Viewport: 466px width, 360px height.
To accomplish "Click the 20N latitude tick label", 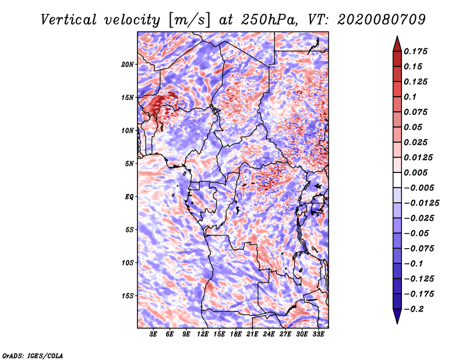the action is (128, 65).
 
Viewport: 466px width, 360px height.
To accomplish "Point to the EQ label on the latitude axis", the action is (129, 197).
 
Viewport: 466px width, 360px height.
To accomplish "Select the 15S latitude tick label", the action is (128, 296).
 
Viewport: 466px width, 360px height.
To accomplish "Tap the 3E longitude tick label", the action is (153, 334).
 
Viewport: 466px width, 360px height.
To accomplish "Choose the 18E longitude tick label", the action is (236, 334).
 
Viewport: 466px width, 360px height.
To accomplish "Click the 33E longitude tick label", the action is (318, 334).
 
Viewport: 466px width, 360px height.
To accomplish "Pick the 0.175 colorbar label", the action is (415, 51).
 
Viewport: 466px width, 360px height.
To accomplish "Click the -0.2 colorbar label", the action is (414, 309).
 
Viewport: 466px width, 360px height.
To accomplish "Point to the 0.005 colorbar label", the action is (415, 172).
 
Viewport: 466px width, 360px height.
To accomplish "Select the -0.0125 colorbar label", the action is (421, 203).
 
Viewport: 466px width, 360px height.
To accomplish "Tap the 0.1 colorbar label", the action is (410, 97).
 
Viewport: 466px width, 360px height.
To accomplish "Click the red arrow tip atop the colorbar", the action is (397, 37).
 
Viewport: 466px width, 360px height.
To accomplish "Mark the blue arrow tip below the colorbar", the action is (397, 323).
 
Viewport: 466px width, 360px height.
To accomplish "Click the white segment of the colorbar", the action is (397, 180).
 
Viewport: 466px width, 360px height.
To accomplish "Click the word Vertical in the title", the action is (69, 20).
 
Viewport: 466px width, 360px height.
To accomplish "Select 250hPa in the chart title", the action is (269, 20).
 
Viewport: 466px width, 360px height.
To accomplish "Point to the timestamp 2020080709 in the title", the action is (382, 20).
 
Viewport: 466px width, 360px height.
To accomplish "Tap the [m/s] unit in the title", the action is (189, 20).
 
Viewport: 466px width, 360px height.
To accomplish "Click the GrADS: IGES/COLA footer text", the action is (33, 355).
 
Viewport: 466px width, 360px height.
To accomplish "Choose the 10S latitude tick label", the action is (128, 263).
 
